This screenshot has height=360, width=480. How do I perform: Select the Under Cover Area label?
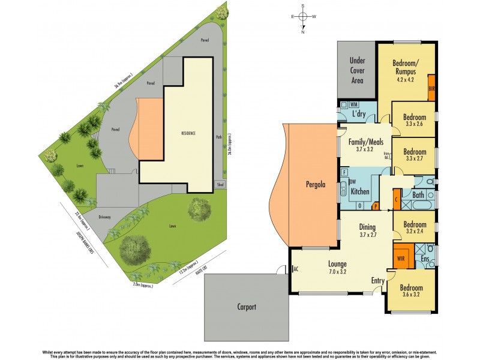357,71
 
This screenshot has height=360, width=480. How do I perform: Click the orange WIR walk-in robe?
402,258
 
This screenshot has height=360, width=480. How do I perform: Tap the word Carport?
245,307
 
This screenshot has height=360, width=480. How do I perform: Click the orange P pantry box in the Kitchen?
376,206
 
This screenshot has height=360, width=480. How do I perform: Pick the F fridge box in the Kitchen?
344,172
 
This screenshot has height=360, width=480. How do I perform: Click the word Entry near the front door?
378,281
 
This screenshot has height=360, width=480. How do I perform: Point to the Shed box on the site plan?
220,185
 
